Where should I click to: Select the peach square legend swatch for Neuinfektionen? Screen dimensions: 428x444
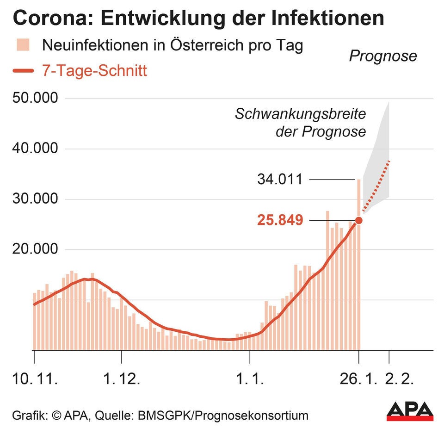click(x=23, y=45)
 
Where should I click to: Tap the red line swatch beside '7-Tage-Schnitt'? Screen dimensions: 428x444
click(x=23, y=71)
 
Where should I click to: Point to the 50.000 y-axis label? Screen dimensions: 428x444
click(x=36, y=99)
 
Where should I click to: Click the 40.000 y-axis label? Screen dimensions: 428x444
click(x=36, y=149)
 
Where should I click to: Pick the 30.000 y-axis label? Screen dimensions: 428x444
click(x=36, y=199)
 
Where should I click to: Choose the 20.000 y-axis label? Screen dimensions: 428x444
click(x=36, y=250)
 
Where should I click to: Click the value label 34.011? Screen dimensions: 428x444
click(x=280, y=179)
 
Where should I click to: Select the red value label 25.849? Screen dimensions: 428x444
click(x=280, y=220)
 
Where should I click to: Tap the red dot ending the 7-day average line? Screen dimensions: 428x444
click(x=358, y=220)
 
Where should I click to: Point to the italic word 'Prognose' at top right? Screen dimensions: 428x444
click(x=382, y=56)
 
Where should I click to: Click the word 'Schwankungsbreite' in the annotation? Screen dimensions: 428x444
click(x=301, y=114)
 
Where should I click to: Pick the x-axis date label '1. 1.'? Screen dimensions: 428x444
click(x=250, y=380)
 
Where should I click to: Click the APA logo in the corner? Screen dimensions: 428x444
click(x=410, y=411)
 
